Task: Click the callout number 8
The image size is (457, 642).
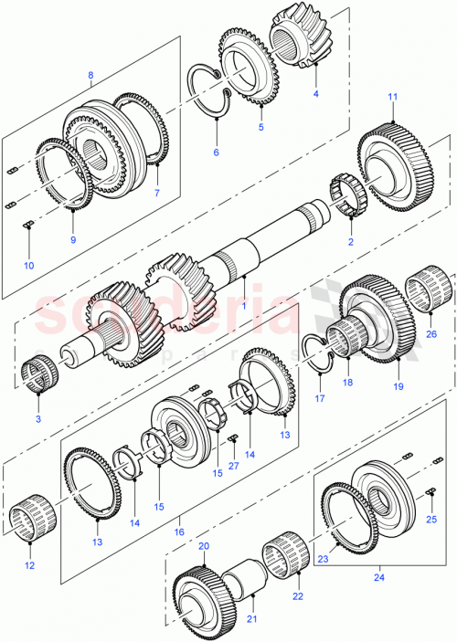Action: click(x=90, y=75)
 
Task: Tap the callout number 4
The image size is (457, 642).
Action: click(x=316, y=93)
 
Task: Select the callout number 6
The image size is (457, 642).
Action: click(x=216, y=152)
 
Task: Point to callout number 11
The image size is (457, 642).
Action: click(x=392, y=97)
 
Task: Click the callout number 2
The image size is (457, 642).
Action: click(x=350, y=242)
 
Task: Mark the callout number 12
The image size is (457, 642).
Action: click(x=30, y=565)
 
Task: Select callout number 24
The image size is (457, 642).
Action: click(x=378, y=575)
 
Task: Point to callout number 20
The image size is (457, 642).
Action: click(x=203, y=545)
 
